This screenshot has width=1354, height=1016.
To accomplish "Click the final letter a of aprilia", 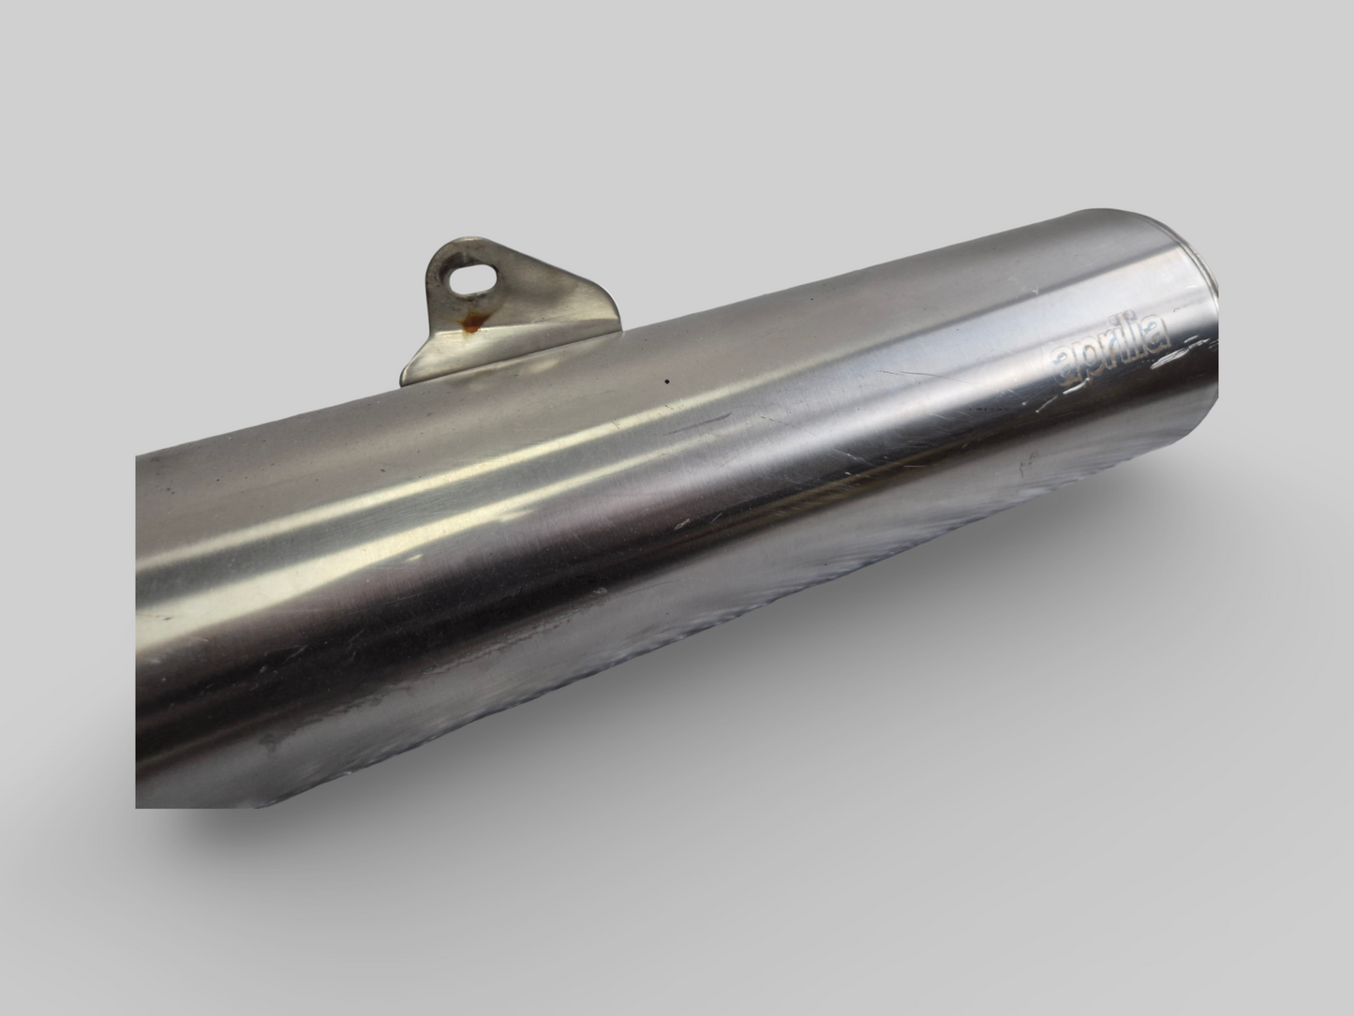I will coord(1158,330).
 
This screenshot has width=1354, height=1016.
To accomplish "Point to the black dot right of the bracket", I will coord(666,381).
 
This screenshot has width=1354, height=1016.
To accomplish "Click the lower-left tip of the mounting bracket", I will coord(405,380).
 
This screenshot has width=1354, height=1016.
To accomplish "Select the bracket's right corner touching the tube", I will coord(618,327).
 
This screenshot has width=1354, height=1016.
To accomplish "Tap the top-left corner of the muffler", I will coord(139,458).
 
